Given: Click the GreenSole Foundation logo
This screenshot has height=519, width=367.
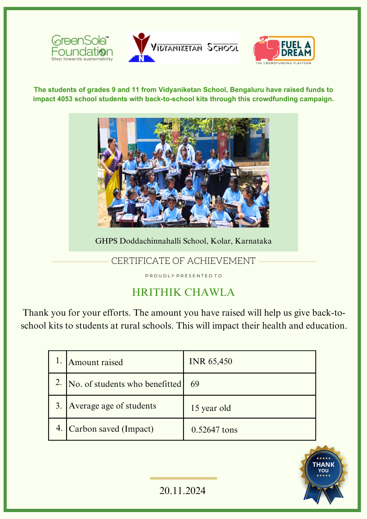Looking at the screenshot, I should pyautogui.click(x=82, y=48).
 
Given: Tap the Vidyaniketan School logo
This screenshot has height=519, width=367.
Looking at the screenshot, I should pyautogui.click(x=183, y=48).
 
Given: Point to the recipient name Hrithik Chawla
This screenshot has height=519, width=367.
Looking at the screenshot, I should pyautogui.click(x=183, y=293).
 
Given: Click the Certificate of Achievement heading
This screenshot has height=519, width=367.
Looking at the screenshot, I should pyautogui.click(x=183, y=261).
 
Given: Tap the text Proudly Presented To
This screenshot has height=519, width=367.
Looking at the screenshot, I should pyautogui.click(x=183, y=276).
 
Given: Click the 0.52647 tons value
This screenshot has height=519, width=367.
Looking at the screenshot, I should pyautogui.click(x=214, y=430).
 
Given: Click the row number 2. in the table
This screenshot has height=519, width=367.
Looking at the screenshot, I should pyautogui.click(x=58, y=383).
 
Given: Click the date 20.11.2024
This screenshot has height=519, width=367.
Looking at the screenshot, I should pyautogui.click(x=183, y=491).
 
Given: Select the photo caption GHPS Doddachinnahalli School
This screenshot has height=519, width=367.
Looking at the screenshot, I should pyautogui.click(x=183, y=241).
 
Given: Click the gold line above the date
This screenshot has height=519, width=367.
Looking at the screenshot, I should pyautogui.click(x=183, y=478).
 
